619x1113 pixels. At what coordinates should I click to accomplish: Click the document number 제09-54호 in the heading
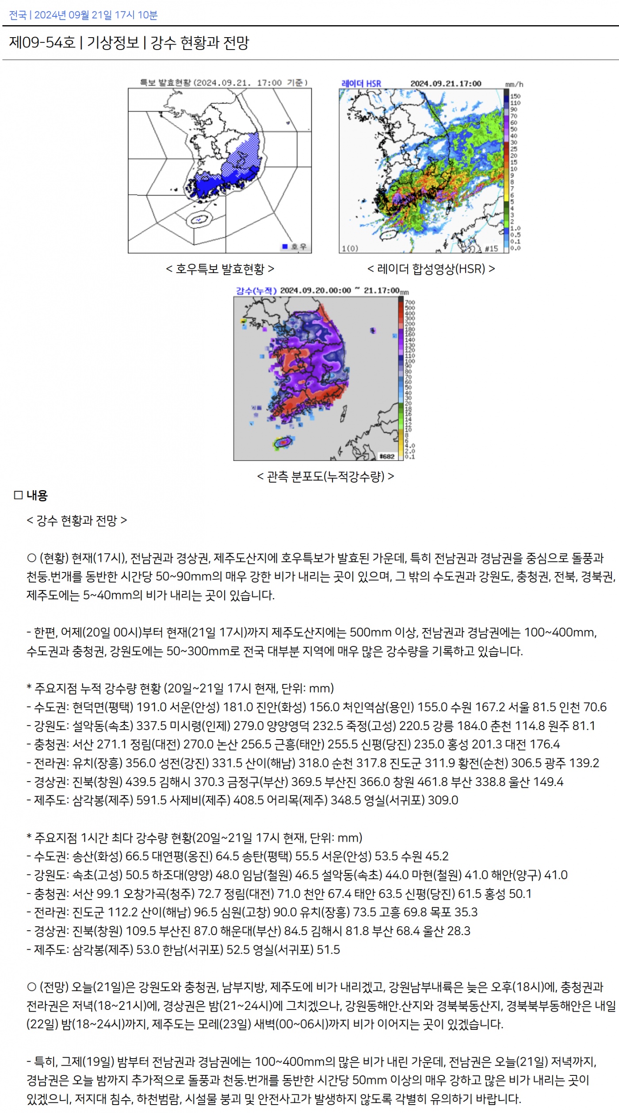[x=42, y=42]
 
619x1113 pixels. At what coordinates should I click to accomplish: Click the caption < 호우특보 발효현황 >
[x=220, y=269]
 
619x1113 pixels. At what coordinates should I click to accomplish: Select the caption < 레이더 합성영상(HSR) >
[x=431, y=269]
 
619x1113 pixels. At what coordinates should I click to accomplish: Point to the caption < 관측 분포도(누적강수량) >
[x=325, y=476]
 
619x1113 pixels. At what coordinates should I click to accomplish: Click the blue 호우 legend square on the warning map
[x=285, y=246]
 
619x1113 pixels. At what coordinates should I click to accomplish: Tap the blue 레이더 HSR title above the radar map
[x=361, y=83]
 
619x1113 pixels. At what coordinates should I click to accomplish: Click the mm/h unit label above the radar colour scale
[x=514, y=84]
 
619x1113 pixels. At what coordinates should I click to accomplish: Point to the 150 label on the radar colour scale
[x=515, y=96]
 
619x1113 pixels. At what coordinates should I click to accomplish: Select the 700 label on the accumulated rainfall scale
[x=410, y=303]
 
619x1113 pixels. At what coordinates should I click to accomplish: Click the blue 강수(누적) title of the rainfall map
[x=256, y=291]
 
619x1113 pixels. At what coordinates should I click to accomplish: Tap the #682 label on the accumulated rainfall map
[x=387, y=456]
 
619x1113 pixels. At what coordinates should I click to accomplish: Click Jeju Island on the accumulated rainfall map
[x=283, y=442]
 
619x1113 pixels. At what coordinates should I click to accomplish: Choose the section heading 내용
[x=37, y=495]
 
